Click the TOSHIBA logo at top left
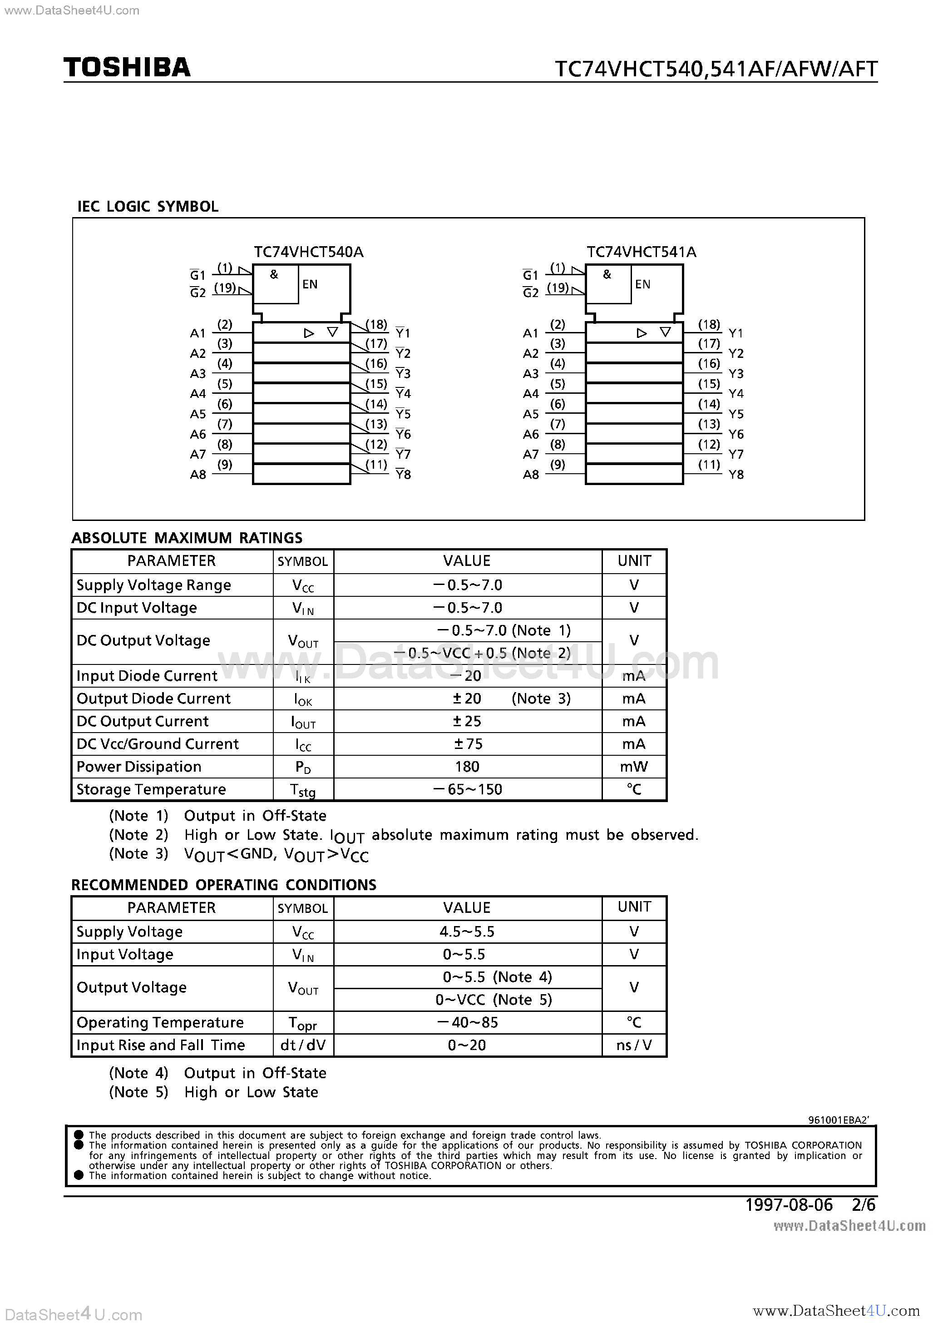[x=127, y=68]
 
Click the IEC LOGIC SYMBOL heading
[x=148, y=207]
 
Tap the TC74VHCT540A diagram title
[x=308, y=252]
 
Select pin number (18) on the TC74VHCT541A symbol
[x=709, y=324]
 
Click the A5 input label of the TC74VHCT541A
[x=530, y=414]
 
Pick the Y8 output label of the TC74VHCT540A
[x=403, y=474]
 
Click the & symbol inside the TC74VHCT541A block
[x=607, y=274]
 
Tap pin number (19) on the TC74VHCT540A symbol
[x=225, y=287]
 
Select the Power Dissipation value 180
[x=467, y=767]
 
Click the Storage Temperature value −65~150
[x=467, y=789]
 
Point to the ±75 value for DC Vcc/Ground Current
[x=467, y=744]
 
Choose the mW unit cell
[x=634, y=767]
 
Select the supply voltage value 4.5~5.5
[x=467, y=932]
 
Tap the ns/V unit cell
[x=634, y=1045]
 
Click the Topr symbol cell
[x=302, y=1023]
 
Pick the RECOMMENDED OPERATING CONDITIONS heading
[x=223, y=885]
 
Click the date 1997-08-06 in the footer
[x=789, y=1205]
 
